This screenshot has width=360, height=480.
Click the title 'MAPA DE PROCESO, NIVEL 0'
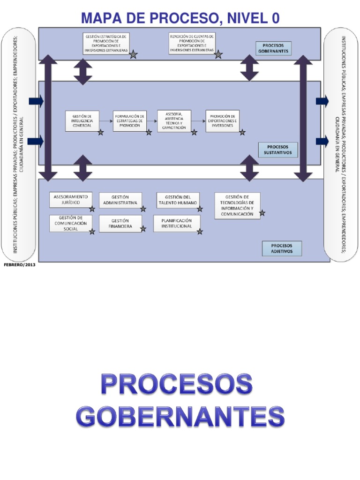pyautogui.click(x=180, y=18)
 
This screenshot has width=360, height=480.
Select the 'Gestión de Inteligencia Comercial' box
pyautogui.click(x=82, y=121)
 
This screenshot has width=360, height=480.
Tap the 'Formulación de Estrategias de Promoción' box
pyautogui.click(x=130, y=121)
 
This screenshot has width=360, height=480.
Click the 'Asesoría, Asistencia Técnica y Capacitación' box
pyautogui.click(x=174, y=121)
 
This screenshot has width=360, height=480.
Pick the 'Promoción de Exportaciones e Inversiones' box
pyautogui.click(x=222, y=121)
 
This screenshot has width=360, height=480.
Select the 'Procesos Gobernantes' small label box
pyautogui.click(x=273, y=48)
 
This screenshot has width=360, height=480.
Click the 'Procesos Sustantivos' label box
pyautogui.click(x=278, y=150)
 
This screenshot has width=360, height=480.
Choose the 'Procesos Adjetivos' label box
pyautogui.click(x=282, y=248)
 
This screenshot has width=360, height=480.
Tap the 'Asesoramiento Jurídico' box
pyautogui.click(x=71, y=200)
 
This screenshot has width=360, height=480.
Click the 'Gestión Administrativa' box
pyautogui.click(x=120, y=200)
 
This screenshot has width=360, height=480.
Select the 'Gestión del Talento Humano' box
pyautogui.click(x=178, y=200)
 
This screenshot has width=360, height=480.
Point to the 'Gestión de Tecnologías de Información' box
pyautogui.click(x=237, y=205)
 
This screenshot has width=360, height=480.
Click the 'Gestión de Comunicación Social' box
pyautogui.click(x=71, y=223)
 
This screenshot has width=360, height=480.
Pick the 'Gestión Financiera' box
pyautogui.click(x=120, y=223)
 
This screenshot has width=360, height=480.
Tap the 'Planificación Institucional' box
pyautogui.click(x=177, y=223)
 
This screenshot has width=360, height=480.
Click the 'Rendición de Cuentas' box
pyautogui.click(x=192, y=43)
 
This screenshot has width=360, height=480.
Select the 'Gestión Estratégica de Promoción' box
pyautogui.click(x=106, y=43)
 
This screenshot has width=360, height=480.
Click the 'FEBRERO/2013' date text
pyautogui.click(x=19, y=265)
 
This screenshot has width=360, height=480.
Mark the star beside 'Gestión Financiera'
pyautogui.click(x=143, y=229)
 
